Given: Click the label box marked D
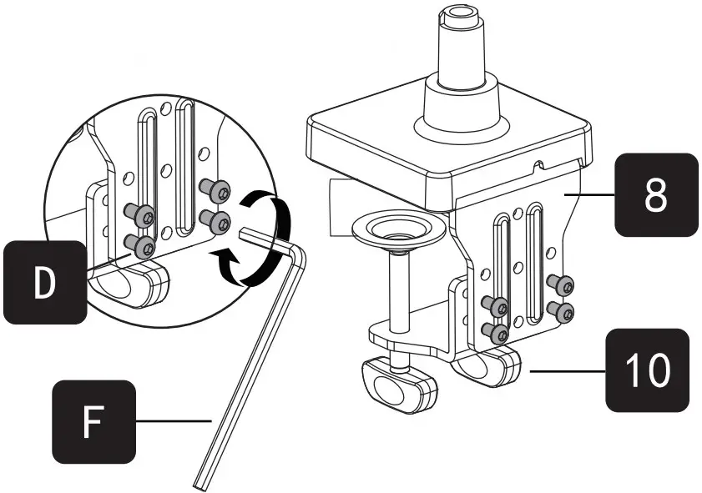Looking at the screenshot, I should point(43,281).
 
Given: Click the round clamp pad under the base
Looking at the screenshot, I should point(396,230).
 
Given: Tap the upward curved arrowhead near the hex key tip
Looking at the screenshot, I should point(225,255).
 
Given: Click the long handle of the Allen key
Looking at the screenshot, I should point(250,367).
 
